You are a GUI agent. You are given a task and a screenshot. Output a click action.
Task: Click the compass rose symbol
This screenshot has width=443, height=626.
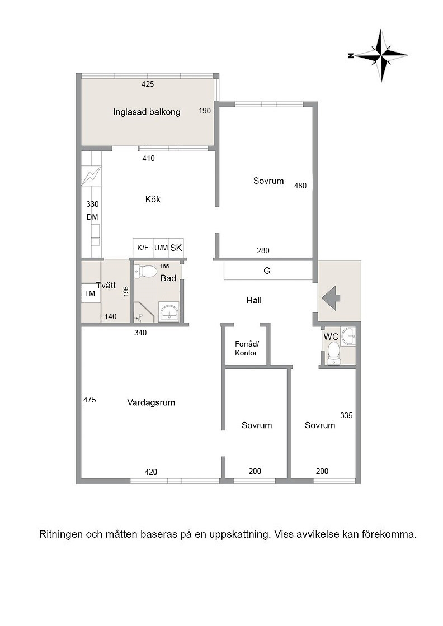pos(381,55)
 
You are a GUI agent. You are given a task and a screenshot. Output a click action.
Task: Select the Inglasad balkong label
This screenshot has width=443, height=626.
pos(147,112)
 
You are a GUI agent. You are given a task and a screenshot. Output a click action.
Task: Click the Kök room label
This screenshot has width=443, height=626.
pos(153,199)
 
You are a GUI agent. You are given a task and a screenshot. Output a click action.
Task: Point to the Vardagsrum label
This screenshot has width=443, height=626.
pos(151,402)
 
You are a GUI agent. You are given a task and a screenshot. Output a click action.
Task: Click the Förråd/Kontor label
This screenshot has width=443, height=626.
pos(246,348)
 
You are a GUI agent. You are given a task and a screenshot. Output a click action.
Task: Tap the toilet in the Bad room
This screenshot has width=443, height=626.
pos(145,272)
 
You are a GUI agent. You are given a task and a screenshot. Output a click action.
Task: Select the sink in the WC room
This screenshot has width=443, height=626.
pos(348,335)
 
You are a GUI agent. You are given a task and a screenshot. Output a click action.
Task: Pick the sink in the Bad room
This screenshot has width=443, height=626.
pos(170,312)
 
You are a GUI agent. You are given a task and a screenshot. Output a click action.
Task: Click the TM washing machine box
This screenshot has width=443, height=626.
pos(90,293)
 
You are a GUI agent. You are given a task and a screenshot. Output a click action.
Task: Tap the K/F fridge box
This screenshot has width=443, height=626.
pos(143,248)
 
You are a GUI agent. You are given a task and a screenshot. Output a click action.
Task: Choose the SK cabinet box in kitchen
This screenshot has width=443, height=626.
pos(176,248)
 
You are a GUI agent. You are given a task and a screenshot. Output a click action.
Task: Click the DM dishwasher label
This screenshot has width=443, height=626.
pos(92,217)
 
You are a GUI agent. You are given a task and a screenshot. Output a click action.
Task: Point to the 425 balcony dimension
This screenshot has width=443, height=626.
pos(148,84)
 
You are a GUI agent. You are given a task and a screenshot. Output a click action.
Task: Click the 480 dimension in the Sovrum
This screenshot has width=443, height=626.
pos(300,186)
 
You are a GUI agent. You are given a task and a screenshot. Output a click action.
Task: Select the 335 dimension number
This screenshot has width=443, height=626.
pos(346,416)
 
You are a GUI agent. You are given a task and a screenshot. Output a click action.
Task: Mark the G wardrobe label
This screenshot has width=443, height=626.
pos(267,271)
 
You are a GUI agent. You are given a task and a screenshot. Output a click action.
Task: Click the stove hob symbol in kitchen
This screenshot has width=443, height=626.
pos(92,176)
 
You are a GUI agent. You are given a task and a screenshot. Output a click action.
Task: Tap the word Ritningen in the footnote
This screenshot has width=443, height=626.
pos(61,534)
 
